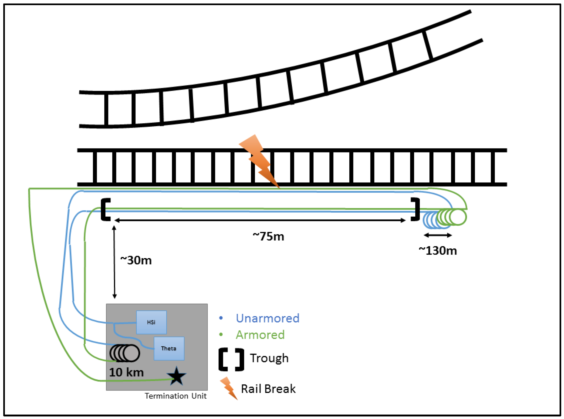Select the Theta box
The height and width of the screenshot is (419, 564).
click(169, 349)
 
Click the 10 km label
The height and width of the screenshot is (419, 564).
click(126, 373)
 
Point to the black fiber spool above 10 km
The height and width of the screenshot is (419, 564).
click(125, 353)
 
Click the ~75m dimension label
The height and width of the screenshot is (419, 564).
click(268, 236)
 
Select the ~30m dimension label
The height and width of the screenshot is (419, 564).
click(136, 260)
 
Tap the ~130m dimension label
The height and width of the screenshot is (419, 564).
click(438, 251)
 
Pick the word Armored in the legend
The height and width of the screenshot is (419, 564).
click(260, 335)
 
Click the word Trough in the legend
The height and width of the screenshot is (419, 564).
click(269, 358)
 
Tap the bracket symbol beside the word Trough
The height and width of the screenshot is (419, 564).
click(231, 360)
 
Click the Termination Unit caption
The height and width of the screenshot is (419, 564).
click(176, 396)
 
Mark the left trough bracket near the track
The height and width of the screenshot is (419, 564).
click(105, 209)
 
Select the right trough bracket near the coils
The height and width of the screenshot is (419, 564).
click(416, 209)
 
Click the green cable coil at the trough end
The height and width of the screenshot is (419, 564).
click(453, 217)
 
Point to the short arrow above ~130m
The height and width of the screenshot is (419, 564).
click(438, 235)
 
